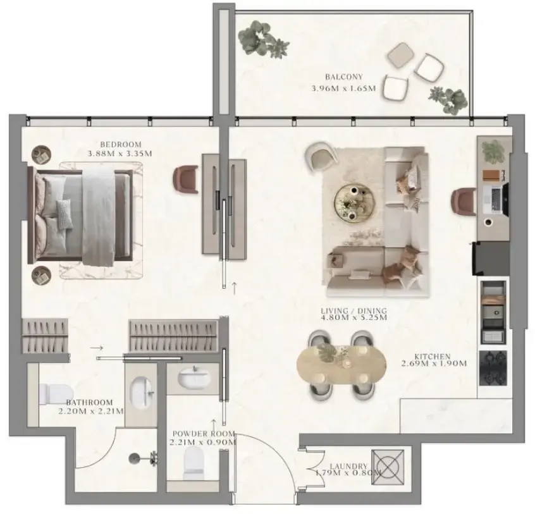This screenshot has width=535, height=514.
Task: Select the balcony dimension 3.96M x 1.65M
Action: click(x=344, y=89)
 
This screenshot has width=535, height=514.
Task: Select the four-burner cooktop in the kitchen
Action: click(x=493, y=367)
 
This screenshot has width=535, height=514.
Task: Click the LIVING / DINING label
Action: click(x=354, y=311)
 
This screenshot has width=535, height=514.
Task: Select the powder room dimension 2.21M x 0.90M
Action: click(x=202, y=443)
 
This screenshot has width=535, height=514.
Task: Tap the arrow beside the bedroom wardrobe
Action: click(x=96, y=348)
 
